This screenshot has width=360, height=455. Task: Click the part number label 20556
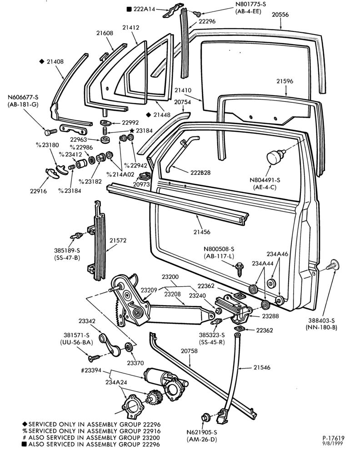[x=280, y=15]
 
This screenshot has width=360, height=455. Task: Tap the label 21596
[x=285, y=81]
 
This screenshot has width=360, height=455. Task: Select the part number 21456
[x=202, y=232]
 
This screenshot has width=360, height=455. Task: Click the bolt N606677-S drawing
[x=48, y=132]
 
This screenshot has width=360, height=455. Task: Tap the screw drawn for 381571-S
[x=95, y=358]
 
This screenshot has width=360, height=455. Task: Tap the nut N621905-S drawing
[x=205, y=418]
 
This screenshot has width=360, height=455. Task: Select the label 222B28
[x=200, y=172]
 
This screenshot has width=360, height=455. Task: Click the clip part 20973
[x=145, y=176]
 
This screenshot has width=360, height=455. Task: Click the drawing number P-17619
[x=333, y=438]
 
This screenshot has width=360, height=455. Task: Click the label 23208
[x=172, y=294]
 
